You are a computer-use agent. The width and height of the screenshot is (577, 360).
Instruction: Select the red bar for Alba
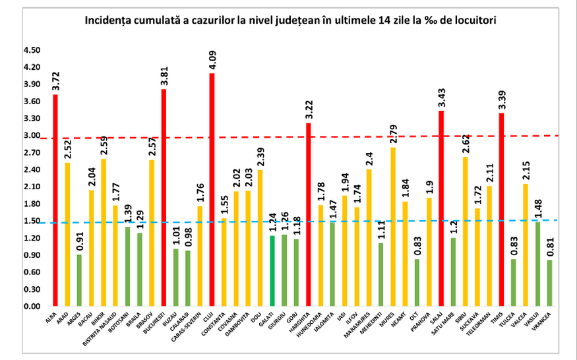click(55, 200)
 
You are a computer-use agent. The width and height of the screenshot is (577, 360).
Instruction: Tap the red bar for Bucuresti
click(164, 198)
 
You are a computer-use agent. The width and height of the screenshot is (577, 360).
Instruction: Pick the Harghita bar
click(308, 215)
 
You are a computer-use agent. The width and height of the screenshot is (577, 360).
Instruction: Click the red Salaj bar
click(440, 208)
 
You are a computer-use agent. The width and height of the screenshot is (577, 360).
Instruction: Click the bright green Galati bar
click(272, 271)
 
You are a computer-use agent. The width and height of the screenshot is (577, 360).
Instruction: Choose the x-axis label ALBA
click(51, 318)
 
